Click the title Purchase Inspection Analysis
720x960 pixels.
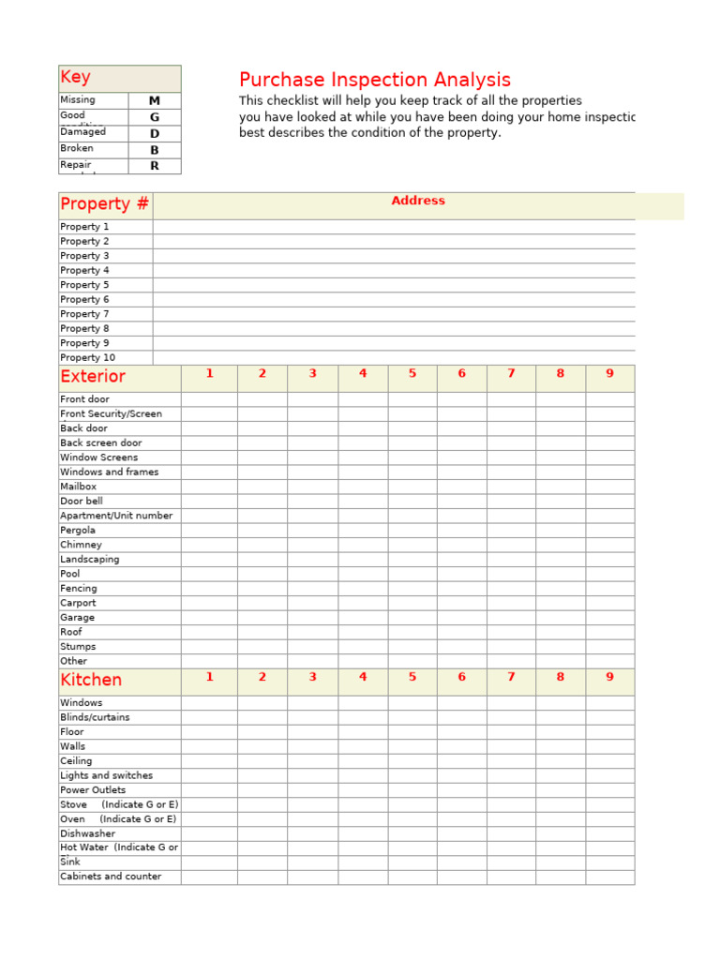click(x=375, y=80)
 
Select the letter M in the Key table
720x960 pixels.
click(x=155, y=100)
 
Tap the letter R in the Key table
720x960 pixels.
click(x=155, y=166)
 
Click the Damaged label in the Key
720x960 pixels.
click(x=83, y=132)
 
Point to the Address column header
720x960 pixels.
click(x=418, y=201)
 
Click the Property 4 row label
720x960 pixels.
click(x=84, y=270)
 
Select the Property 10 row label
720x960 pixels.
click(x=87, y=357)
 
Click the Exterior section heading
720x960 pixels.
click(x=93, y=377)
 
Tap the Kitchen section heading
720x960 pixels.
click(x=91, y=681)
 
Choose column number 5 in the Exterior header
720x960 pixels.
click(x=412, y=374)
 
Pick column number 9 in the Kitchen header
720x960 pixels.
click(x=609, y=677)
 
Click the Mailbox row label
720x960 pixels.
click(x=79, y=487)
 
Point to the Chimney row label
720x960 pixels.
click(x=81, y=545)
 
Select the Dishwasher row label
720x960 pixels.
click(x=88, y=833)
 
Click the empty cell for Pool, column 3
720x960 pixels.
click(x=312, y=574)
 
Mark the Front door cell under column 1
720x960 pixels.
click(x=209, y=399)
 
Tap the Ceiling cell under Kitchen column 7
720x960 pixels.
click(x=511, y=761)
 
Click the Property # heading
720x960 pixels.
click(x=104, y=204)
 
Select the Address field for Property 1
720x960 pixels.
click(x=394, y=227)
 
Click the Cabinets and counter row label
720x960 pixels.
click(x=111, y=877)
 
